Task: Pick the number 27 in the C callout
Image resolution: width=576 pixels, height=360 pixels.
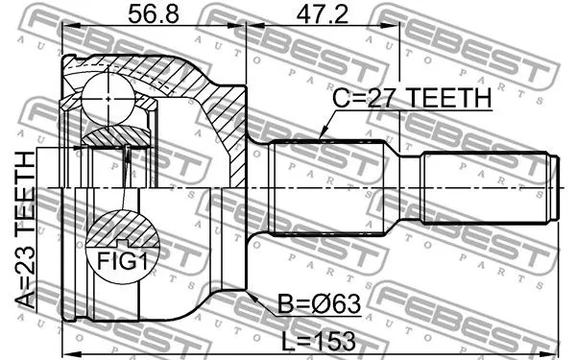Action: pyautogui.click(x=374, y=98)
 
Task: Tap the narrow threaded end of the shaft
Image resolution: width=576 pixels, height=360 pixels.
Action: pyautogui.click(x=490, y=187)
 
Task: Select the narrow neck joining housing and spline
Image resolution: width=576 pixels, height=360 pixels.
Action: pyautogui.click(x=259, y=187)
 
